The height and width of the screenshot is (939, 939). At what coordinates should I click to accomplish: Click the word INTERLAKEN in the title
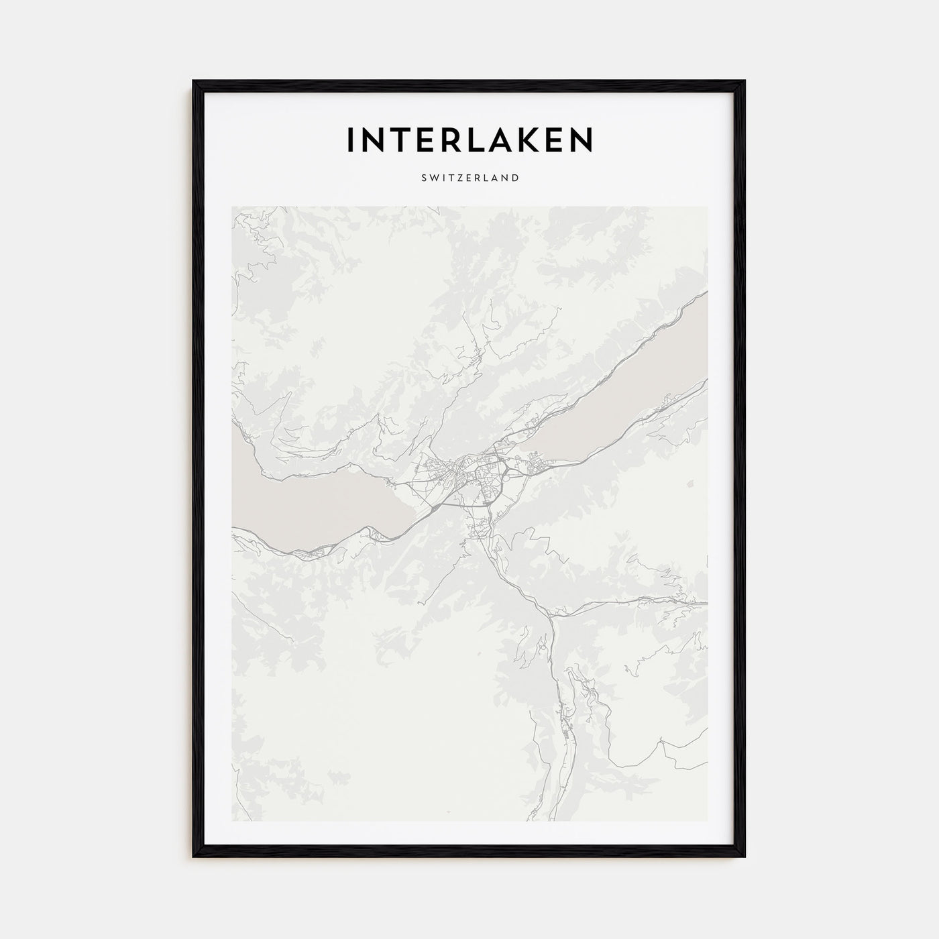coord(469,139)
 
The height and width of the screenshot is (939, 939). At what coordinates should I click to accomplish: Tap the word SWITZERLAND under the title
coord(469,178)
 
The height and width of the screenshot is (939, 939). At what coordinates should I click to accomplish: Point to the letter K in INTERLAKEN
coord(522,139)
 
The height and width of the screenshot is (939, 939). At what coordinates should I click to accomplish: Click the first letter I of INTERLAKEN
coord(350,139)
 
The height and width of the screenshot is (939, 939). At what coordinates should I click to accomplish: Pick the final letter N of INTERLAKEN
coord(581,139)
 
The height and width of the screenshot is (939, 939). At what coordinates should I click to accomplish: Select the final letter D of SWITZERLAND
coord(515,178)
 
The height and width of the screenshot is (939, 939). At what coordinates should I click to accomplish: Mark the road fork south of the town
coord(551,615)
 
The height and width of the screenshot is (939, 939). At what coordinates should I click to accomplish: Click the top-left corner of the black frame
coord(195,82)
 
